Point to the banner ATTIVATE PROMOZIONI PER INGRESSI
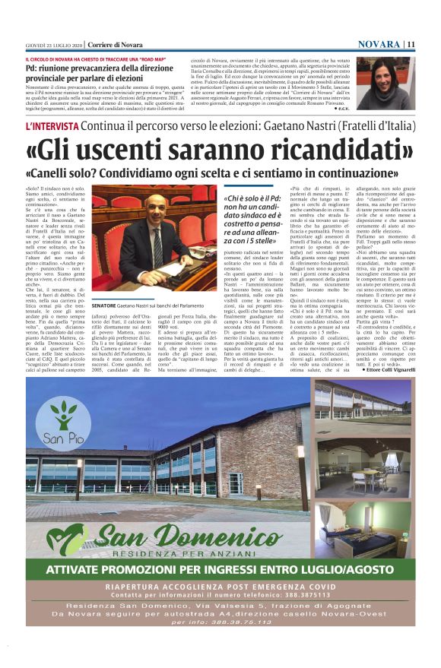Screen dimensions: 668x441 point(220,571)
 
